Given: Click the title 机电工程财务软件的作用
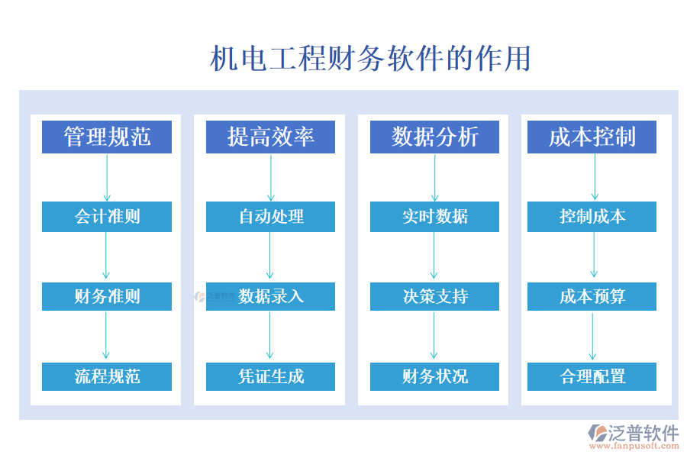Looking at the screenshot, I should [x=370, y=59].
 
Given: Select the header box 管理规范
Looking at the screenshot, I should [x=107, y=137].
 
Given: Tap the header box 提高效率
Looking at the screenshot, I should [x=270, y=137].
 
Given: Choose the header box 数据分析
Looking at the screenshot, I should [x=434, y=137].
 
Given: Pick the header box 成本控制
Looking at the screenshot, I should [x=592, y=137].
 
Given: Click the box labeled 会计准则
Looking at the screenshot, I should [x=107, y=217].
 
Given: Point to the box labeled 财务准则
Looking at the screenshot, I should [x=107, y=296].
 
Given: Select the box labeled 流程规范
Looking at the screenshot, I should [x=107, y=376].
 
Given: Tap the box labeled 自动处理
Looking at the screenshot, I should [x=270, y=217].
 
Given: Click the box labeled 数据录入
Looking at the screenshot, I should [x=270, y=296].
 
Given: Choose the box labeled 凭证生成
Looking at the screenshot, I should [x=270, y=376].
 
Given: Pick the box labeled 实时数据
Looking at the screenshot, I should [x=434, y=217].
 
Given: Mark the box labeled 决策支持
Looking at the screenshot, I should [x=434, y=296].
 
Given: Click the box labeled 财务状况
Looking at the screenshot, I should [x=434, y=376].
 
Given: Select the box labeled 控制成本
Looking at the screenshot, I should [x=592, y=217].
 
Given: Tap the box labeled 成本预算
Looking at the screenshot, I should [x=592, y=296].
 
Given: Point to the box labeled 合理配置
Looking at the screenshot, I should [x=592, y=376].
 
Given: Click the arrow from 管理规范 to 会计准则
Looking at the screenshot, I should [x=107, y=177].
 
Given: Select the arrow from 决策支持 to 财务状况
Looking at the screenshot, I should [x=434, y=336].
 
